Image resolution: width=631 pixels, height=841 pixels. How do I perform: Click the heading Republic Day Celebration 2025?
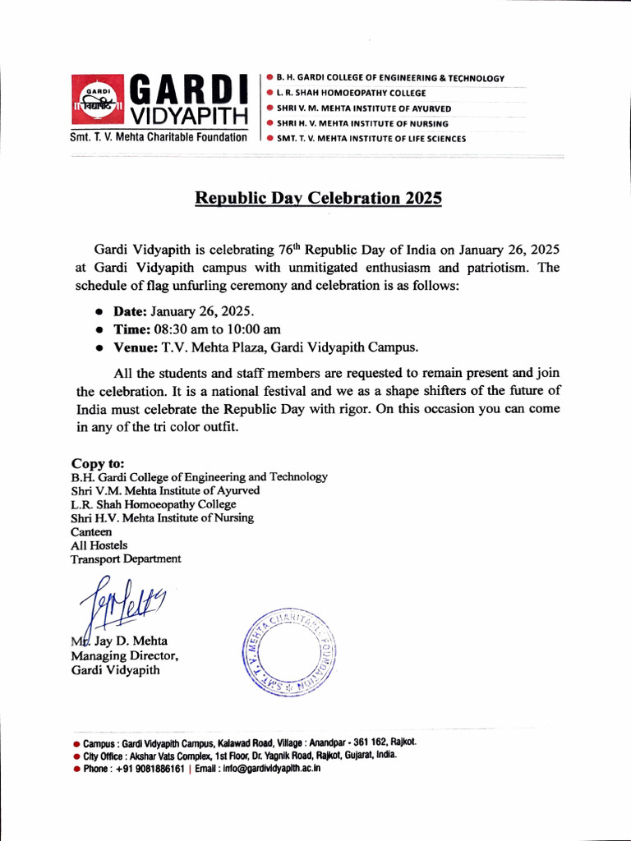click(x=318, y=199)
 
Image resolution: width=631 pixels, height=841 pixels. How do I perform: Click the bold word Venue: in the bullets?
click(x=135, y=347)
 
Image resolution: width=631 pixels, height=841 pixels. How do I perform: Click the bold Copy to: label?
click(x=98, y=463)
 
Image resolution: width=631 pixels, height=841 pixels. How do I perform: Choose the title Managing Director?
click(x=125, y=655)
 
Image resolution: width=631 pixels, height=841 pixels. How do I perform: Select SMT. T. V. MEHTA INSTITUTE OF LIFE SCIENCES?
click(x=371, y=139)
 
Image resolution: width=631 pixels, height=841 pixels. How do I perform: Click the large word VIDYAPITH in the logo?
click(x=189, y=113)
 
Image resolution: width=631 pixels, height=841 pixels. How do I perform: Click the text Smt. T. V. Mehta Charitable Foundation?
click(x=159, y=137)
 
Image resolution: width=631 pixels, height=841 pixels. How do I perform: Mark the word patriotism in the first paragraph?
click(x=493, y=268)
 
